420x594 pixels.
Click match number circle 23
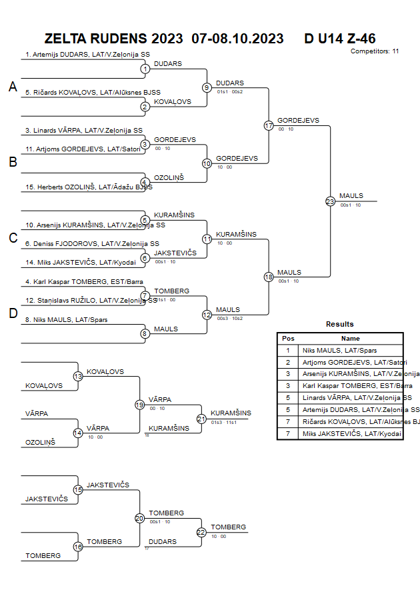coord(330,201)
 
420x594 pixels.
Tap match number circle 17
coord(269,125)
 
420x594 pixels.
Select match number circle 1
coord(145,69)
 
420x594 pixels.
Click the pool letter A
coord(13,87)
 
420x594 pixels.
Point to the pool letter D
coord(13,314)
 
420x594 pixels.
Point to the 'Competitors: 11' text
coord(375,51)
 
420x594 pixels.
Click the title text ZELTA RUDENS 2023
coord(113,39)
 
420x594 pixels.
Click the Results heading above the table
coord(340,324)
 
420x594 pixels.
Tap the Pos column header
coord(288,339)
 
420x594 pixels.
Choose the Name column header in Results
coord(350,339)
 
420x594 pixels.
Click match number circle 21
coord(201,419)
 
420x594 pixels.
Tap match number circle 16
coord(78,547)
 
